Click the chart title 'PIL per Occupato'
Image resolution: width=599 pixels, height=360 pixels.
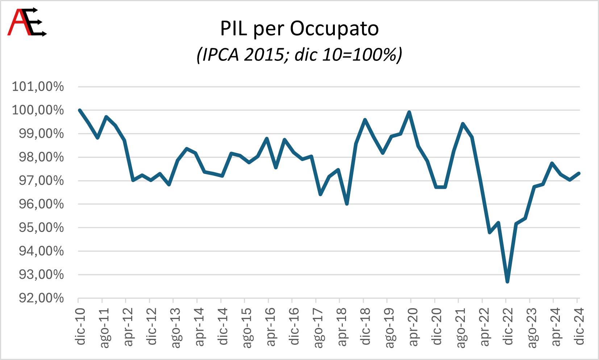299,29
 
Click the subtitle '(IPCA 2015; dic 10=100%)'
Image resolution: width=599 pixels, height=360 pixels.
299,55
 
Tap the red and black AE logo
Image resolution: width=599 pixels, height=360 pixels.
27,22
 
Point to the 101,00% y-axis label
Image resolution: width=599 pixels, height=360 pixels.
38,87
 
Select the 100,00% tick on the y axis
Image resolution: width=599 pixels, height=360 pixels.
38,110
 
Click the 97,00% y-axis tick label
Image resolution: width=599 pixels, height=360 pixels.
41,181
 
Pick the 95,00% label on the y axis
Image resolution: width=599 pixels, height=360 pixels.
41,228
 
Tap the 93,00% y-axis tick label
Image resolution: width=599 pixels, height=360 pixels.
41,275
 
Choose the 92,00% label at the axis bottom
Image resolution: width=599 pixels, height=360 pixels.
41,298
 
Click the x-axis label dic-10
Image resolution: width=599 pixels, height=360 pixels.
80,326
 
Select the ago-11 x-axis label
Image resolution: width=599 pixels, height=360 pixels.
104,328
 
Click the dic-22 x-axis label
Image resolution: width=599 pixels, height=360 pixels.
508,326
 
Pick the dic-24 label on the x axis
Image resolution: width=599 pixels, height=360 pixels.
579,326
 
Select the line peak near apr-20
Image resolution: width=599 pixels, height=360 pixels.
409,112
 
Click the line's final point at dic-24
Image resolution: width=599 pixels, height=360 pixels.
579,173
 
